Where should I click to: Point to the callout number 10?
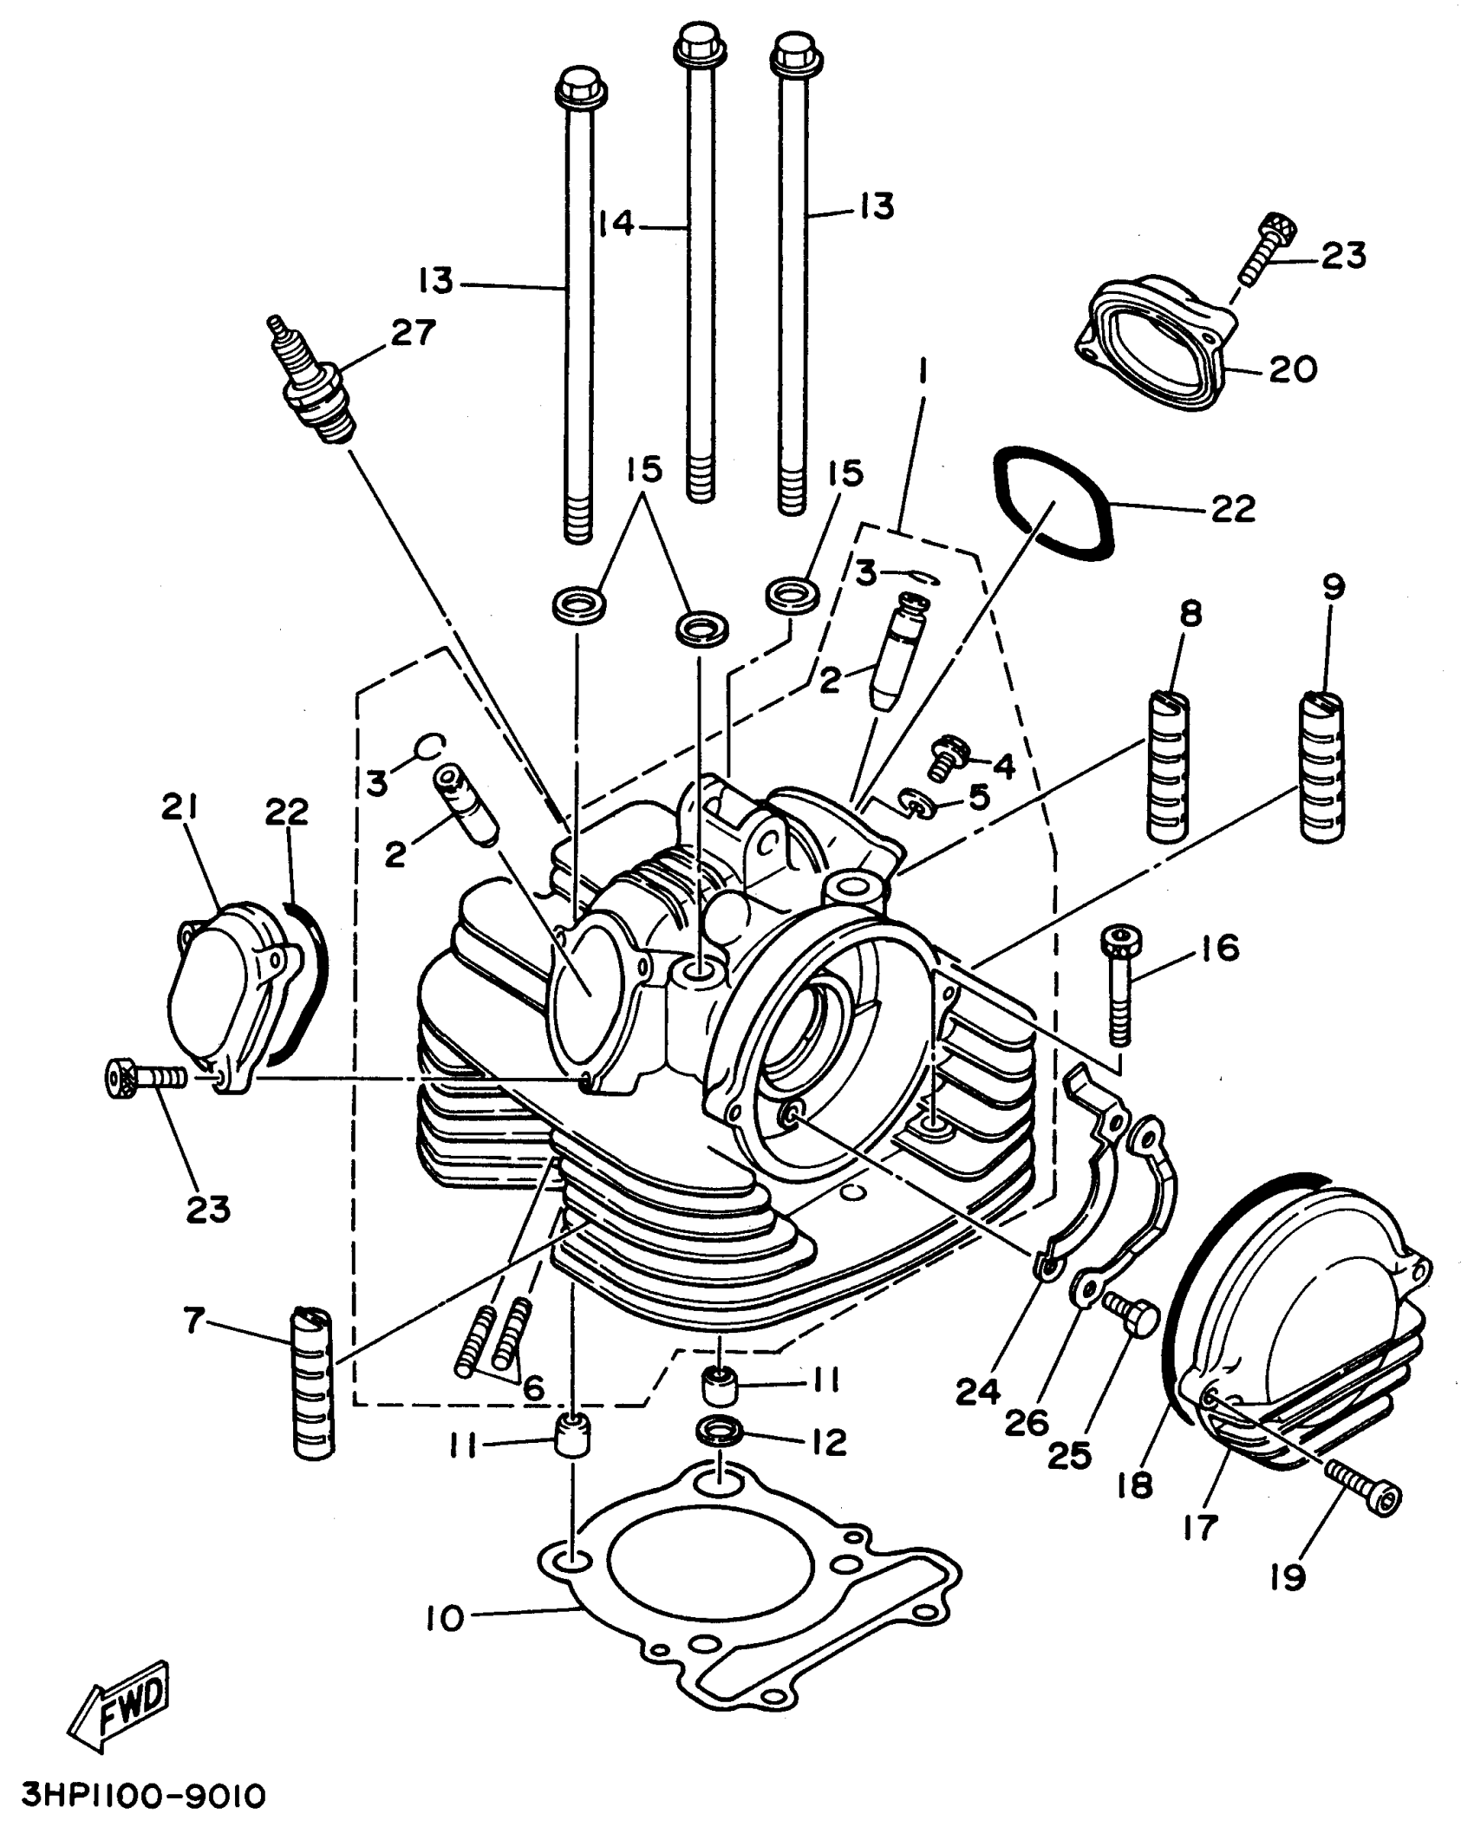tap(446, 1619)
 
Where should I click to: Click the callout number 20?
tap(1292, 370)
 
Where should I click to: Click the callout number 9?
tap(1334, 587)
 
